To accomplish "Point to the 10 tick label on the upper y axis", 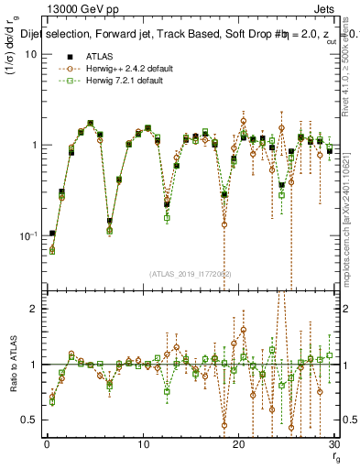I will (x=29, y=54).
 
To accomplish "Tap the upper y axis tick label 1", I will (x=33, y=145).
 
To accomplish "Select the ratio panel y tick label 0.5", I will (x=28, y=420).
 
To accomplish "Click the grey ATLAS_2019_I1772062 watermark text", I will (x=191, y=273).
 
